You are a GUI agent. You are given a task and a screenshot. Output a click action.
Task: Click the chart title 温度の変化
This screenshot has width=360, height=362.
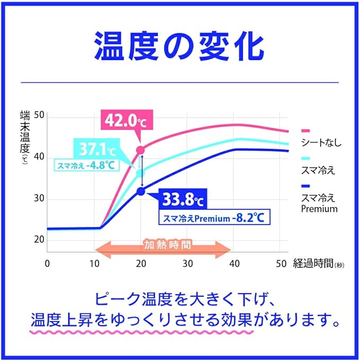[x=179, y=47]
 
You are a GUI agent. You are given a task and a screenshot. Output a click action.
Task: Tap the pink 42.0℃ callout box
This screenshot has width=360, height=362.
[x=125, y=121]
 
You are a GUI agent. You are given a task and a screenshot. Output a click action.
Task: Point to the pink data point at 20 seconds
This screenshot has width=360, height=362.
[x=141, y=150]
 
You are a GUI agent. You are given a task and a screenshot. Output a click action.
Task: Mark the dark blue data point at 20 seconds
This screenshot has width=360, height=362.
[x=141, y=191]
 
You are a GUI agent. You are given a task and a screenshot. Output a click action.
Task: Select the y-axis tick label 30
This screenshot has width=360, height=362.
[x=38, y=199]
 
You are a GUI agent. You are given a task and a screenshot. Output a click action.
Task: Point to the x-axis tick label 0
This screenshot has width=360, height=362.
[x=47, y=264]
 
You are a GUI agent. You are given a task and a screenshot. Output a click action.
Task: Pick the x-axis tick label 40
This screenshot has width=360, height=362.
[x=234, y=264]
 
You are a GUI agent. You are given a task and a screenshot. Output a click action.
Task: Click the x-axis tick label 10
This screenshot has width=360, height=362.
[x=94, y=264]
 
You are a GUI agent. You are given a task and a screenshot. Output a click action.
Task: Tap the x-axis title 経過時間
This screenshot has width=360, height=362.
[x=313, y=264]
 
